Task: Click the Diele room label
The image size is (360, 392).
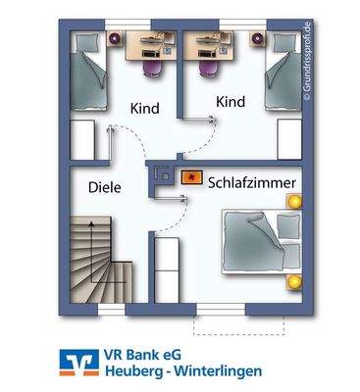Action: point(104,187)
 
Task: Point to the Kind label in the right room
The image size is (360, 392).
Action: point(229,102)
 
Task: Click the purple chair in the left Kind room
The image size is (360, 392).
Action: point(152,66)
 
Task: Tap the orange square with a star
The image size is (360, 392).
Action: point(192,179)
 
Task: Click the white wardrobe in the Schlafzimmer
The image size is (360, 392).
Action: point(168,269)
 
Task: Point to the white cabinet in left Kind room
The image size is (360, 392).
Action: point(83,138)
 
